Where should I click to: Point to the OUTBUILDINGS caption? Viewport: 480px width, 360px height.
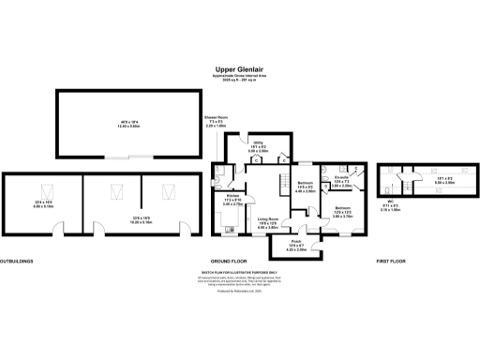pos(20,260)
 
